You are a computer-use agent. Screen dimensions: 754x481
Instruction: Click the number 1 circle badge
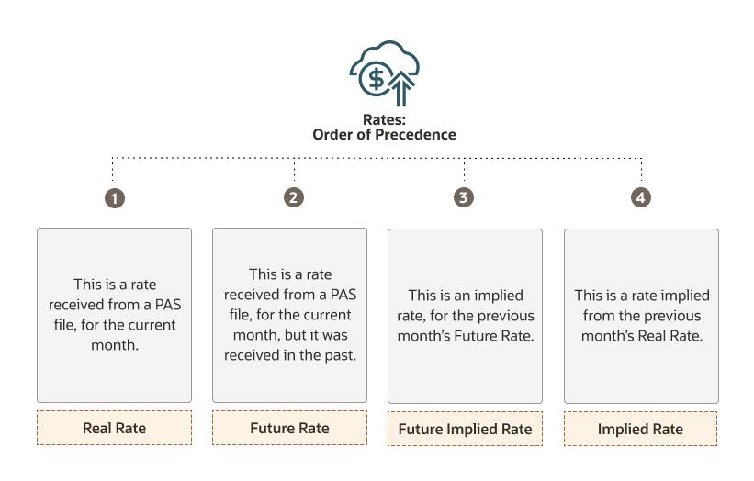click(115, 198)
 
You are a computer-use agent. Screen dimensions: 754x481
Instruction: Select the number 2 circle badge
click(294, 197)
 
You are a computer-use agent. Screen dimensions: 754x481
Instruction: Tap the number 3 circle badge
click(464, 197)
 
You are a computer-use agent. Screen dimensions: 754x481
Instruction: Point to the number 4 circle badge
click(641, 197)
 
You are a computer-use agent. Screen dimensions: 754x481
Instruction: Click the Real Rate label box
click(115, 428)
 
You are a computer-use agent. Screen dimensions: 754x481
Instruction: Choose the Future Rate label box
click(289, 428)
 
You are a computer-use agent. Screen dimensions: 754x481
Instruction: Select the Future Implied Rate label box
click(465, 429)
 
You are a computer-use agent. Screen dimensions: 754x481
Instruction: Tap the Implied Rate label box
click(640, 429)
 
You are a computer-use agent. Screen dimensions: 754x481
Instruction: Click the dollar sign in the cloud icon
click(377, 78)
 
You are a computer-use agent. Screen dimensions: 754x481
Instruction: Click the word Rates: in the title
click(384, 119)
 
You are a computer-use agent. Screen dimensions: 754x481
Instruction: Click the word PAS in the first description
click(168, 304)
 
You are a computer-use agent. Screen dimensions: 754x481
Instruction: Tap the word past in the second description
click(340, 355)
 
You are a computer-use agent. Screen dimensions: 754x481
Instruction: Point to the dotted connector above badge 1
click(113, 169)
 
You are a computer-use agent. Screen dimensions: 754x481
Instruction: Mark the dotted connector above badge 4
click(641, 169)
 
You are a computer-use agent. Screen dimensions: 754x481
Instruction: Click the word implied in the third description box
click(498, 296)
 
